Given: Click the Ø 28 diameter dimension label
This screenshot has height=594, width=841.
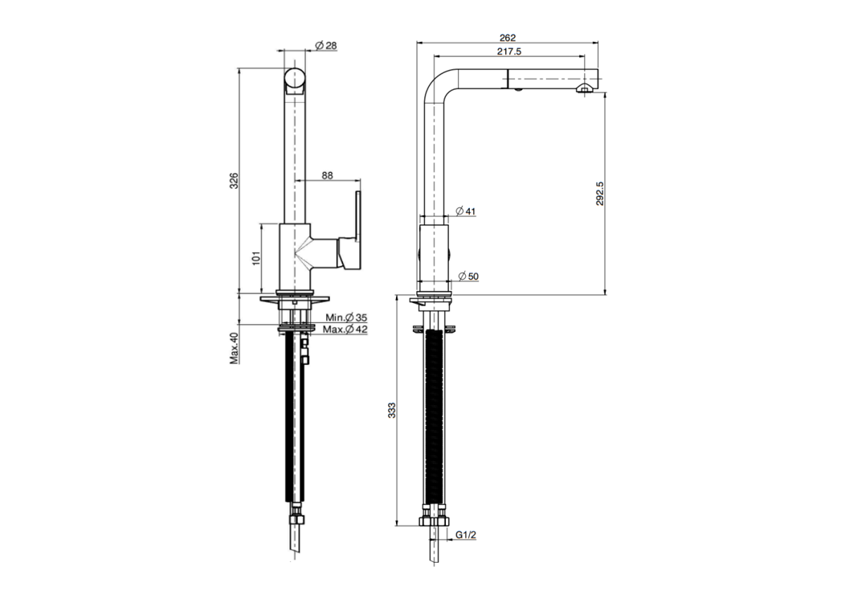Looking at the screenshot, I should pos(325,46).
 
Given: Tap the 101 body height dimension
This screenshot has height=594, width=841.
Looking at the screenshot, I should pos(255,259).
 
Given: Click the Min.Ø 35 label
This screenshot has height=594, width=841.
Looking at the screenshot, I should pos(346,318).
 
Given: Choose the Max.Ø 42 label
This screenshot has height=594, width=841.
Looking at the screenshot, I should pos(345,330).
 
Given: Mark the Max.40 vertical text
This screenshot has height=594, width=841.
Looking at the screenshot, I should pos(235,348).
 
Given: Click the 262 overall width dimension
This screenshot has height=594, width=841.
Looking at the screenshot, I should pos(507,37).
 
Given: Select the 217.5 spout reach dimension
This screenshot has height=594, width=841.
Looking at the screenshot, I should pos(508,51).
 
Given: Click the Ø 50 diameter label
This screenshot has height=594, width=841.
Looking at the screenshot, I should pos(467,277).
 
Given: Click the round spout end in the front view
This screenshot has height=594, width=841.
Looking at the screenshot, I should pos(296,80).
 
